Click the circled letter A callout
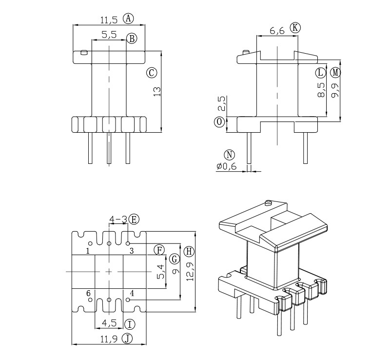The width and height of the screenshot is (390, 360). [128, 19]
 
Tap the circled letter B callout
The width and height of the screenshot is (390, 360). [132, 39]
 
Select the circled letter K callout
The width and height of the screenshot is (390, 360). [295, 27]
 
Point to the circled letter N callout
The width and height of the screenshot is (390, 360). [229, 155]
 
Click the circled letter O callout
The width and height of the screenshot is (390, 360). [220, 121]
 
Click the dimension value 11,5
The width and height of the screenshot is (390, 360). [109, 20]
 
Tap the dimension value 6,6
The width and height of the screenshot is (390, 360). [277, 30]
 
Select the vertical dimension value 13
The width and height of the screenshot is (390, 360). [157, 91]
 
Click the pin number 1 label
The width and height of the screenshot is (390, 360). [87, 251]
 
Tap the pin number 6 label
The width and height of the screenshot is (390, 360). [88, 293]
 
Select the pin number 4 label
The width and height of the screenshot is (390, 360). [132, 293]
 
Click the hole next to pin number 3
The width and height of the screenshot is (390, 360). [128, 242]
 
